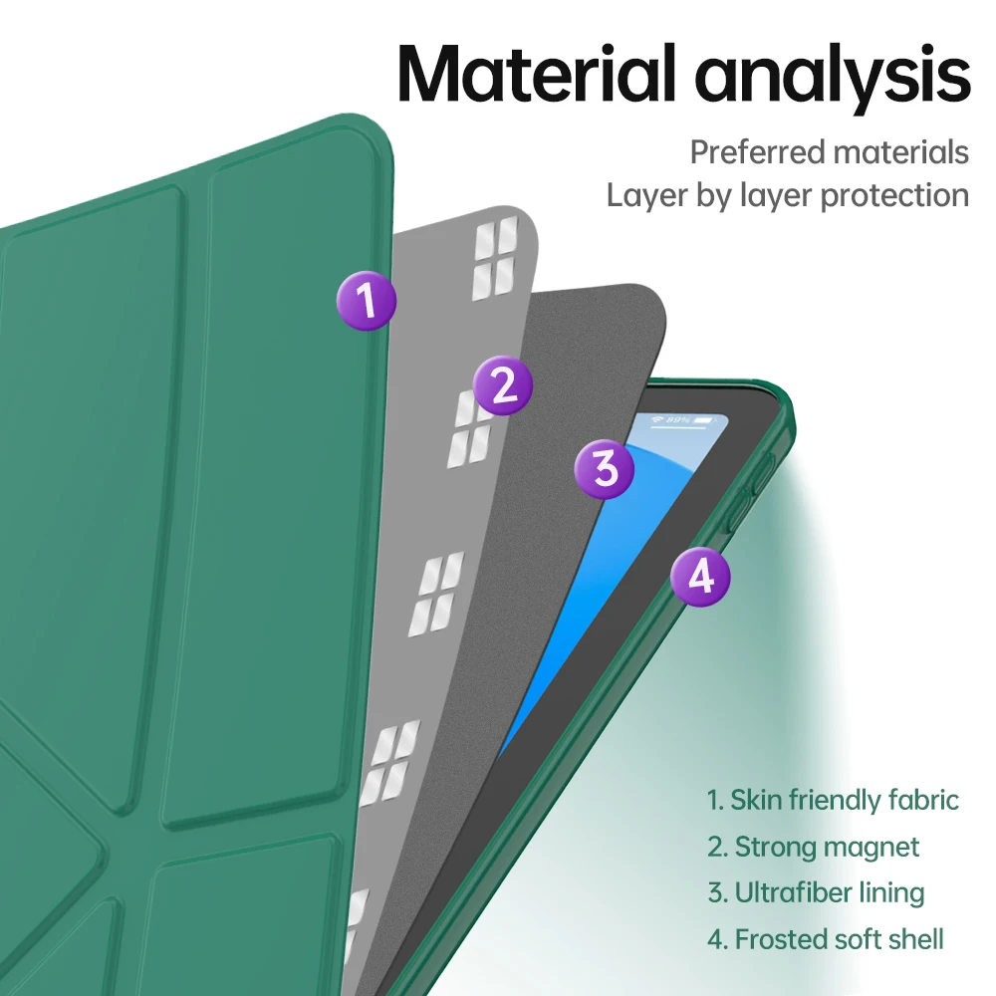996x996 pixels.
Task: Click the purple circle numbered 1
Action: click(366, 299)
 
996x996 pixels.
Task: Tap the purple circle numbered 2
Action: click(503, 385)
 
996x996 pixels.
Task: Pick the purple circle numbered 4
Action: click(700, 576)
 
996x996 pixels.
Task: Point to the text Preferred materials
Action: click(829, 152)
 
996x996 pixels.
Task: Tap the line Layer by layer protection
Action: click(787, 195)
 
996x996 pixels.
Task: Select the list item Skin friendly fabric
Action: click(833, 800)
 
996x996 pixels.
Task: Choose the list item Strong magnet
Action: click(813, 847)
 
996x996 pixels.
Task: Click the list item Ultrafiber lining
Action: click(816, 892)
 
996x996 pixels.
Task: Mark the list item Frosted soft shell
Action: click(825, 938)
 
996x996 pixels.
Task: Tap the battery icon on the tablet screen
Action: click(705, 422)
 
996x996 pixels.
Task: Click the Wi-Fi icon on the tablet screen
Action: click(658, 419)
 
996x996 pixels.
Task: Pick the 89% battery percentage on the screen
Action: click(679, 420)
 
